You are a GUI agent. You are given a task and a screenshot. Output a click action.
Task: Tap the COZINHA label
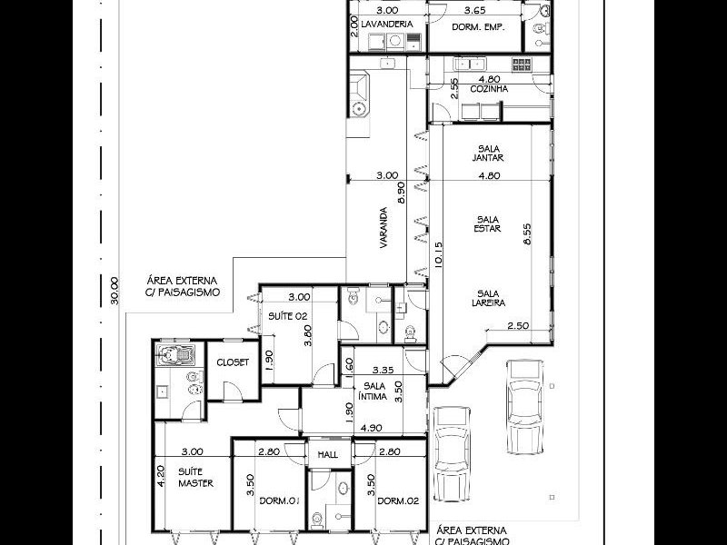point(488,90)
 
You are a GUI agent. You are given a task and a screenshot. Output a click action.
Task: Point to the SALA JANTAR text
point(488,153)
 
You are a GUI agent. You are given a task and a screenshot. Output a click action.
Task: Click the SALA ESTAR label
point(488,224)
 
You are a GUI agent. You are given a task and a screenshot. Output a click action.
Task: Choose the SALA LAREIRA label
point(488,297)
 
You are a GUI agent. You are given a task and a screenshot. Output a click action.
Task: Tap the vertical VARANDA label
point(384,228)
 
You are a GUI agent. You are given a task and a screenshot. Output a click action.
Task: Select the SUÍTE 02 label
point(286,315)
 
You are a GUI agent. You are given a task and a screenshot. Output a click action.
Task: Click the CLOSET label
point(232,362)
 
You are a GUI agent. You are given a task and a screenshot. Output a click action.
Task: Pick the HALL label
point(328,454)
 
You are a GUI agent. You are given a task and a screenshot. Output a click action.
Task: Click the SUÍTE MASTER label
point(194,478)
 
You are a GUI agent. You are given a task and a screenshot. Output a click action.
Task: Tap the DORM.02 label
point(397,501)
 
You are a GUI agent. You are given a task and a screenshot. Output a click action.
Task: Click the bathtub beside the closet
point(170,355)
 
